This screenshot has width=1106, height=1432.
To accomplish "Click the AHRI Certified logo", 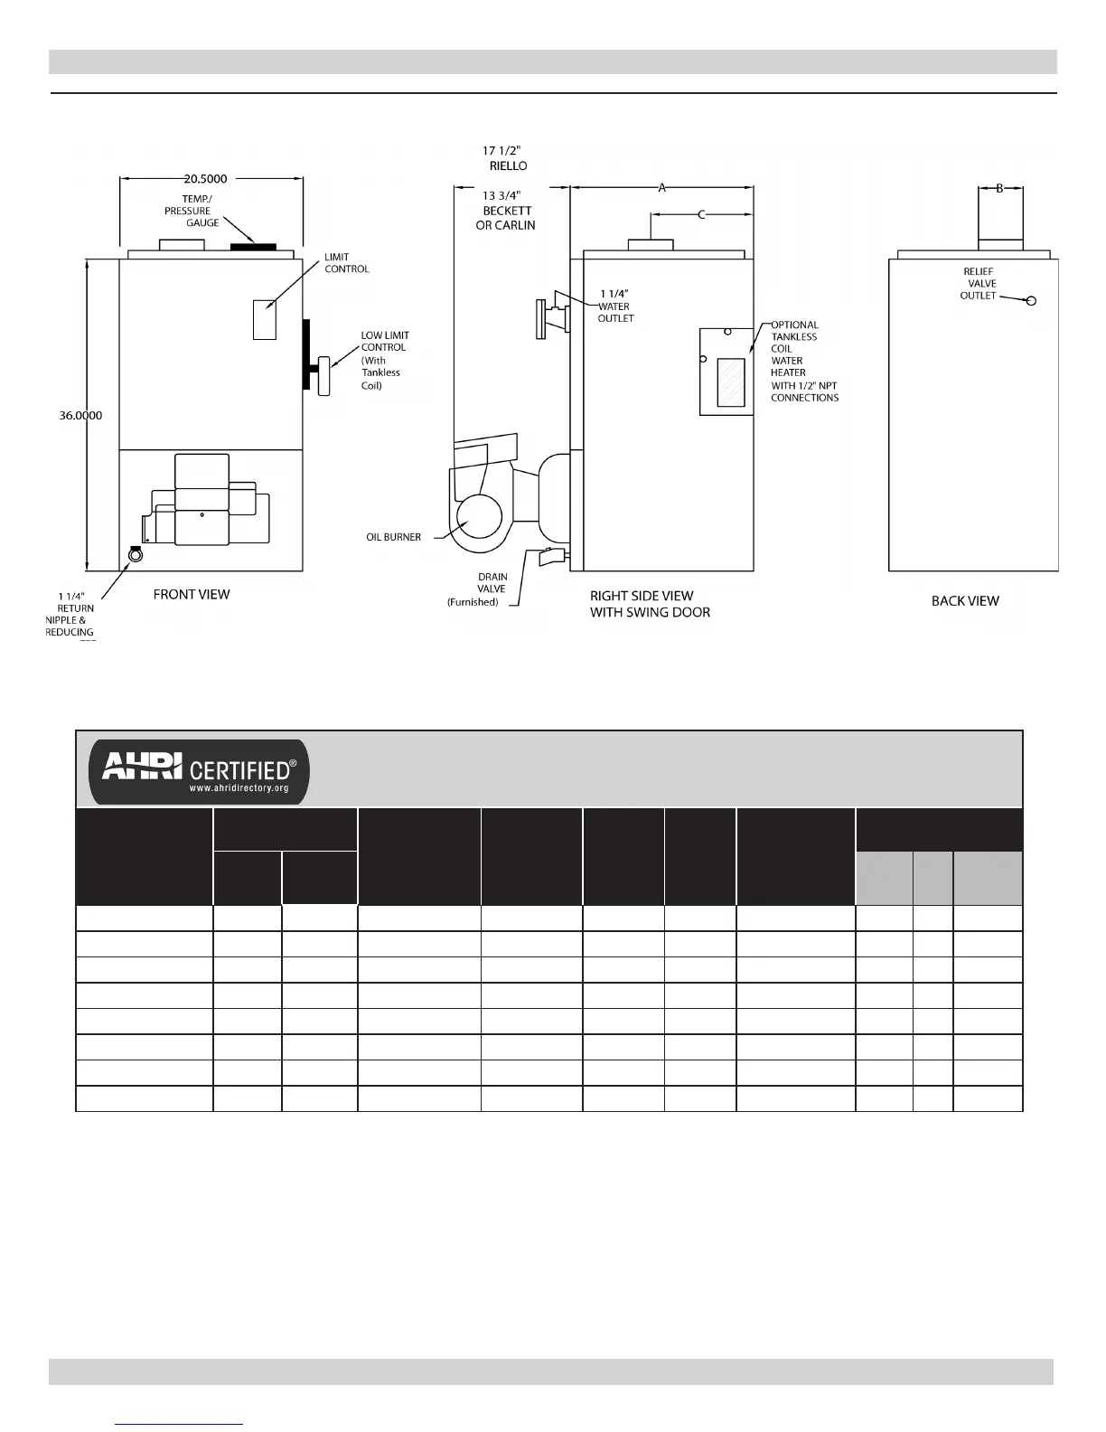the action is [x=199, y=771].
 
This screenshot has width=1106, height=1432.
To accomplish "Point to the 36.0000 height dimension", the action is [x=80, y=416].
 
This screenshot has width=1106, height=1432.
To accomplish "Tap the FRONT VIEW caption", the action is [x=192, y=594].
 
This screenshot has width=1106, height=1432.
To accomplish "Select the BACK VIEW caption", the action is [x=965, y=600].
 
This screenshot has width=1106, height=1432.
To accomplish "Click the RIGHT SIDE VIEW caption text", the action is [x=642, y=596].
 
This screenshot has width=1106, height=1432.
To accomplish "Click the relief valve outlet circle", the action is [x=1032, y=301].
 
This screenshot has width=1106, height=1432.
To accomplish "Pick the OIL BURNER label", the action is [x=393, y=537].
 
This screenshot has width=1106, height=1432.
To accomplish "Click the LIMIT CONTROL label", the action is [x=347, y=263].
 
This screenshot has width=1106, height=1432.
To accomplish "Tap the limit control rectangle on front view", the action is [x=264, y=319].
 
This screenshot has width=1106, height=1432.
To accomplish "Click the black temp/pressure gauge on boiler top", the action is [x=253, y=245].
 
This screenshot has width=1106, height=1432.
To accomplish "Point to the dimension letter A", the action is [x=661, y=188].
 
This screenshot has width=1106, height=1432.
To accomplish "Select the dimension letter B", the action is [x=999, y=188].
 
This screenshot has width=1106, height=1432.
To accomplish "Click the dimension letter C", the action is [x=701, y=215].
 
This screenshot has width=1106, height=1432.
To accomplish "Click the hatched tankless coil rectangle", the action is [x=730, y=382].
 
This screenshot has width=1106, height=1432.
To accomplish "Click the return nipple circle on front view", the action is [x=136, y=557].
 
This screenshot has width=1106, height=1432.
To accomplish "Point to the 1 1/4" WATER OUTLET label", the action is [x=615, y=306].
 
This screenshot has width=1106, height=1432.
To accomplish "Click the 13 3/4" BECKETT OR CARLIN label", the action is [x=505, y=210].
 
